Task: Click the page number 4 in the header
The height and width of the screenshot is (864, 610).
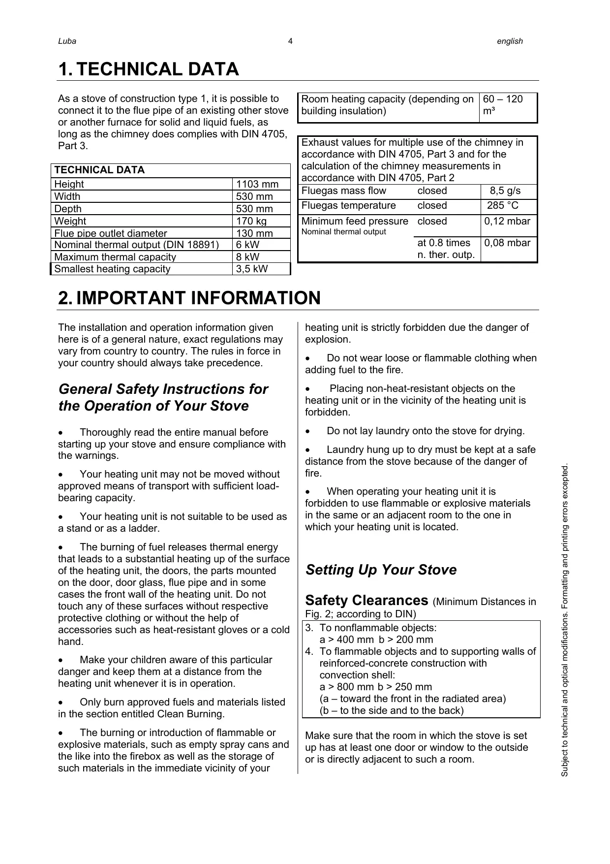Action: [290, 41]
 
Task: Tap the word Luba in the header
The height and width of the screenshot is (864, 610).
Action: [67, 41]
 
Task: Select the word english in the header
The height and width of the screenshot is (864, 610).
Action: [510, 41]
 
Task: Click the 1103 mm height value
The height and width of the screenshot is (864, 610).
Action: [257, 184]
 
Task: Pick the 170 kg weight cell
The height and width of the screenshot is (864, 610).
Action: [251, 221]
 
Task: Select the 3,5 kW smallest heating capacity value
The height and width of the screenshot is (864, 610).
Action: [252, 269]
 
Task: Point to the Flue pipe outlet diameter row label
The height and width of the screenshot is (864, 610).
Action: [110, 233]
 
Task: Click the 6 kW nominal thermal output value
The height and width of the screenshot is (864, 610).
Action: [247, 245]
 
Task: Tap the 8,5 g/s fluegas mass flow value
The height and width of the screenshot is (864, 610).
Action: [505, 191]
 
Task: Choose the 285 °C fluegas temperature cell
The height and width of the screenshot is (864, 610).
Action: [503, 206]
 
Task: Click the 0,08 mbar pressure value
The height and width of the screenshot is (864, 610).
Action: [507, 243]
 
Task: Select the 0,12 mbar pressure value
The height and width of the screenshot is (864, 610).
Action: [507, 221]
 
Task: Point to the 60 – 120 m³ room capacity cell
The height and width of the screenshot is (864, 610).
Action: [503, 105]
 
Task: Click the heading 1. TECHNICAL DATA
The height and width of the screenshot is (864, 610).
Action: [149, 69]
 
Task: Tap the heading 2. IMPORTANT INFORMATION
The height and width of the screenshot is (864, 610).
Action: [189, 298]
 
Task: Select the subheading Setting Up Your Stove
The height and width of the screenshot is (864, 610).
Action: [381, 570]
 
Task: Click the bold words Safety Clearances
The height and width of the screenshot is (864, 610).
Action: [366, 601]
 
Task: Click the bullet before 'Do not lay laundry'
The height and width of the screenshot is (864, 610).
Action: [308, 431]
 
